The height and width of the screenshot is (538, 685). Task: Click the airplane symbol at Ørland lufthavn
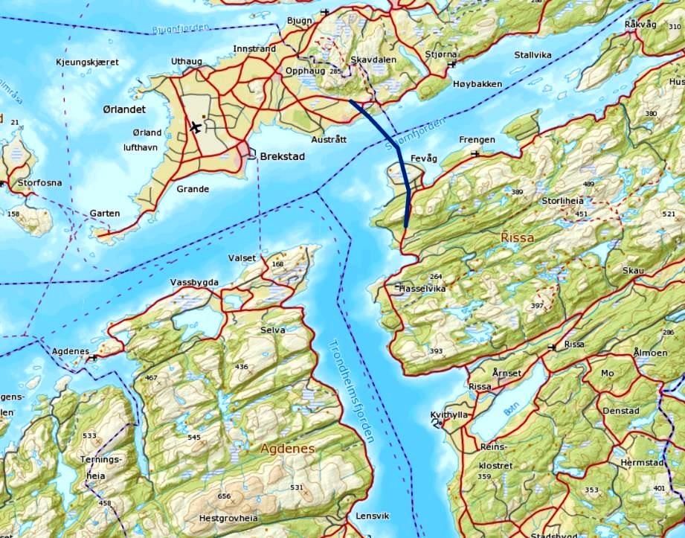point(196,127)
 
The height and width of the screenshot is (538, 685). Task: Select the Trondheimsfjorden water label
point(350,390)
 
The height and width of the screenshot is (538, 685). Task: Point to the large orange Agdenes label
point(288,449)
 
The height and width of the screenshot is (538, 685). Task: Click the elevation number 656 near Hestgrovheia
point(224,496)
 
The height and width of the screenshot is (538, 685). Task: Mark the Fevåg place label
point(423,158)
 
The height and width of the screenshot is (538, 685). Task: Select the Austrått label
point(329,139)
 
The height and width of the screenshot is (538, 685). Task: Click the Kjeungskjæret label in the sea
point(87,63)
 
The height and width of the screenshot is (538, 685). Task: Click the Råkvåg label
point(640,25)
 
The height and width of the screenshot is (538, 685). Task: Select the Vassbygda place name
point(194,282)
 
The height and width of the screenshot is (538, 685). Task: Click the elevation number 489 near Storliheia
point(589,184)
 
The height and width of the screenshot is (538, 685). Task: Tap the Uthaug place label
point(186,61)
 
